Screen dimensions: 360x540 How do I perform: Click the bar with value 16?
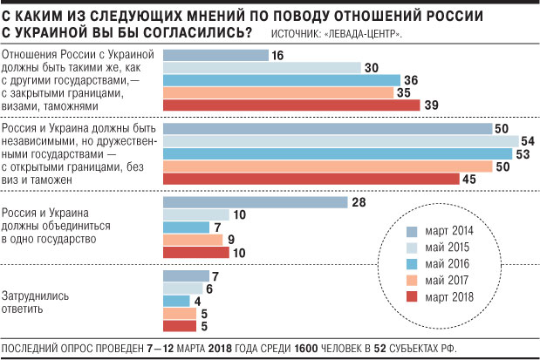pos(215,56)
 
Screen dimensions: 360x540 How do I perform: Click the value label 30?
pos(372,68)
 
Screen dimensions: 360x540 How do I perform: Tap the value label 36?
pos(412,81)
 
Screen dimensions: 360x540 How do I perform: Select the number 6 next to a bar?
pos(209,289)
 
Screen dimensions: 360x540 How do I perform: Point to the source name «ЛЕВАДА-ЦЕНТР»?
pos(366,34)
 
